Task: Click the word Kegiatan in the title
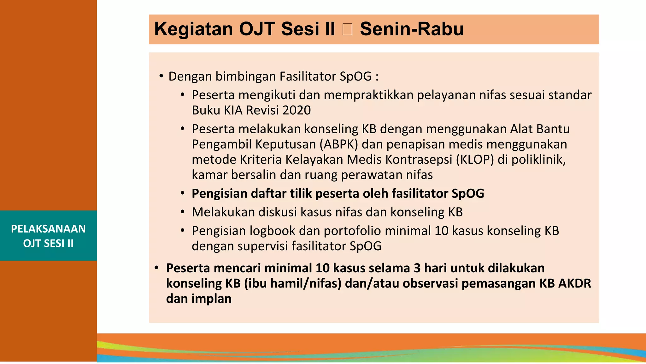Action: (193, 29)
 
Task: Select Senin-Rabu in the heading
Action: (412, 29)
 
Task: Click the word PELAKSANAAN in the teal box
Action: (48, 229)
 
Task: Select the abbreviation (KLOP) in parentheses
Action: (475, 160)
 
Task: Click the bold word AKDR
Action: (574, 283)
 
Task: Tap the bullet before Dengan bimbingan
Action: (161, 76)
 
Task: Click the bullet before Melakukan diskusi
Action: (182, 212)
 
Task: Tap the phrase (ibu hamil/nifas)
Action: (293, 283)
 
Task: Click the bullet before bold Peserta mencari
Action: (156, 268)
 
